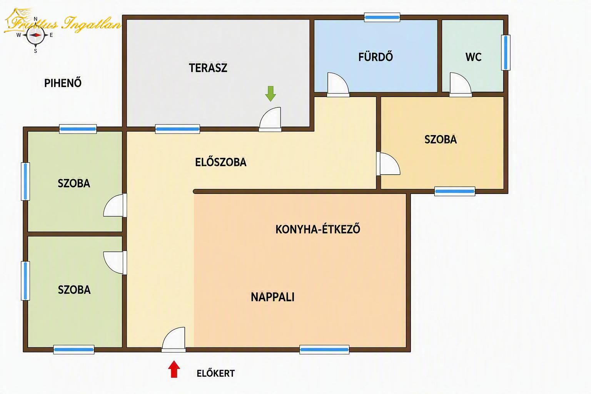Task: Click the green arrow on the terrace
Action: pos(270,93)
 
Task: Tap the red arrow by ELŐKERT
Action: pos(174,369)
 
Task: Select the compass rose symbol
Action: pos(36,35)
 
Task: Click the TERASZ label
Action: pos(208,68)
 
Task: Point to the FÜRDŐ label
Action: pos(376,57)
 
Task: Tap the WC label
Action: pos(473,57)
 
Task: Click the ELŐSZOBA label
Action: pos(221,162)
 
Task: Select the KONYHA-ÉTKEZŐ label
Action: pos(318,229)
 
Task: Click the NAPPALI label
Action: pos(272,297)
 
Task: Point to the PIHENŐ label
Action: pos(63,83)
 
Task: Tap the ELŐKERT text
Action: pos(215,373)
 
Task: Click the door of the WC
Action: pos(461,85)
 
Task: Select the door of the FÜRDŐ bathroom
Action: pos(338,85)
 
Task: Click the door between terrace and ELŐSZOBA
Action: pos(270,119)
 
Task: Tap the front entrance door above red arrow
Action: pos(174,340)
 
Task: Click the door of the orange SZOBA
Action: pos(388,164)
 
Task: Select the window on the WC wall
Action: pos(506,52)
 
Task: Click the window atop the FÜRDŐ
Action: pos(382,17)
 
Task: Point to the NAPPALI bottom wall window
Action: pos(324,350)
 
